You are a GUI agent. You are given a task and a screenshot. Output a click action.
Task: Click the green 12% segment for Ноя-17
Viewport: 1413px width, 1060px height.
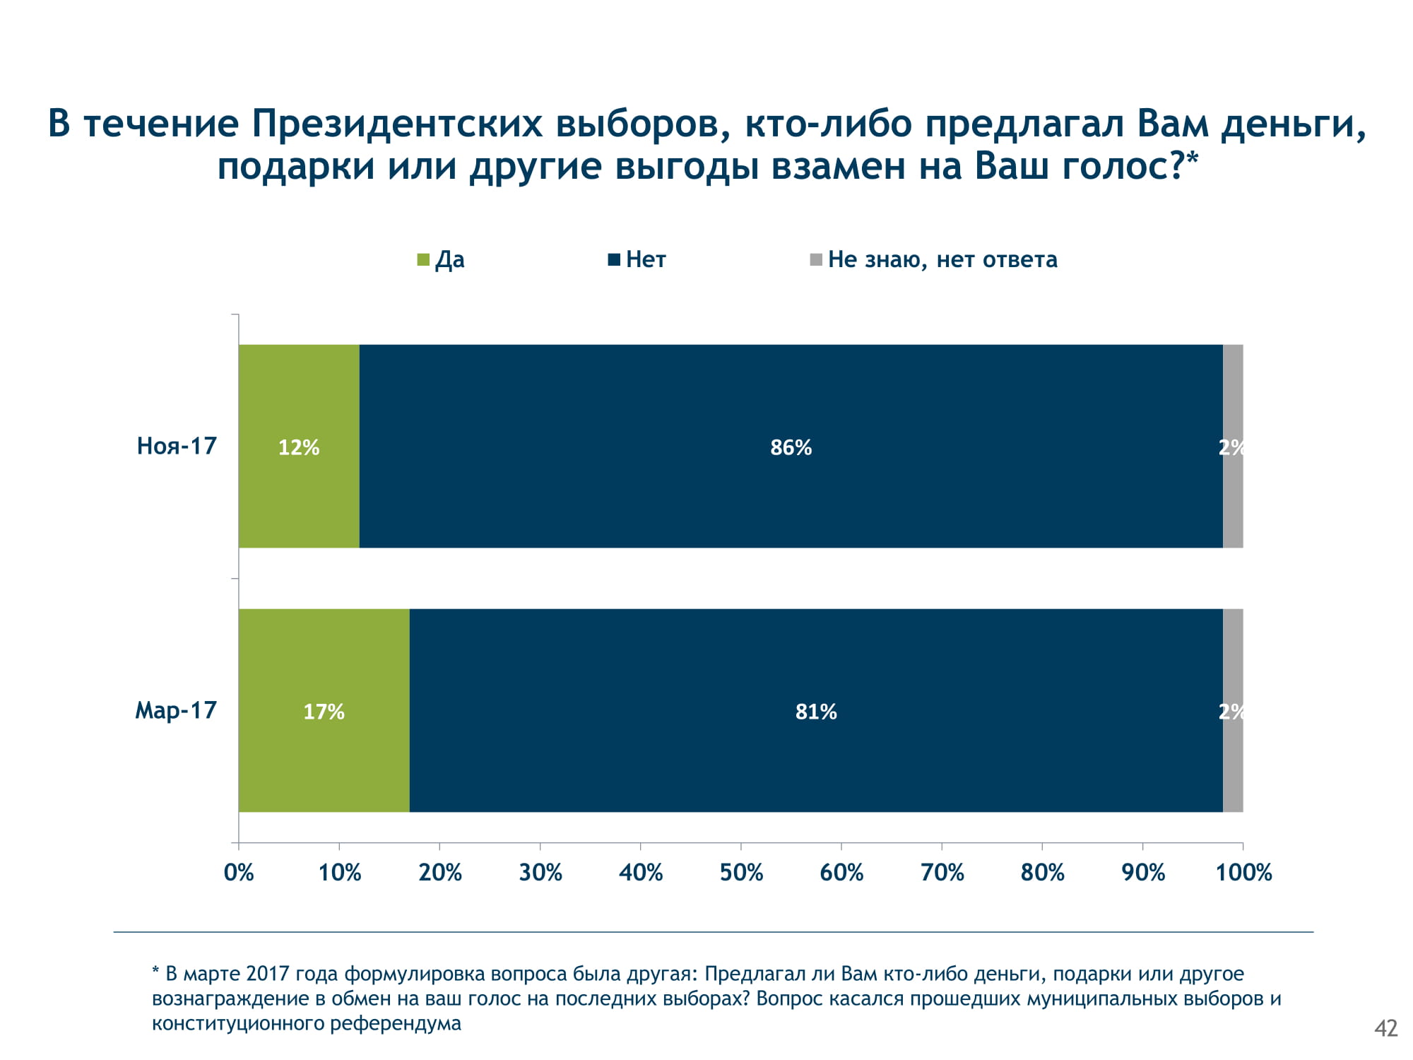click(299, 447)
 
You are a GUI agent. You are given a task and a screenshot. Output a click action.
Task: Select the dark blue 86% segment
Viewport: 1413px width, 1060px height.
click(791, 447)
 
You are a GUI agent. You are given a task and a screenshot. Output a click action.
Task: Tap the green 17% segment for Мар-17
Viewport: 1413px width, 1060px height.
click(324, 711)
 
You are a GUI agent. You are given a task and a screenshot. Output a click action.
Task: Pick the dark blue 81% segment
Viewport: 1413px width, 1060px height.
click(816, 711)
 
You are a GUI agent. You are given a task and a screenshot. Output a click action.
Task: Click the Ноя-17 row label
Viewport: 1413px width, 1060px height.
click(177, 447)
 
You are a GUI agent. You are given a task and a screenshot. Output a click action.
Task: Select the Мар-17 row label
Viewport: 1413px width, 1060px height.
click(176, 710)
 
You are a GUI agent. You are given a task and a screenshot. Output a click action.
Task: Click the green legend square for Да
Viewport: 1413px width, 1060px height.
click(423, 260)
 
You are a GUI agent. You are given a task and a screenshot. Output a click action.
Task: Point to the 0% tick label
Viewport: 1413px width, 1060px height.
click(239, 873)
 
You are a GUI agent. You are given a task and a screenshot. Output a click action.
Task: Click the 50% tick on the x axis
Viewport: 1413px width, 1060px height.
click(741, 873)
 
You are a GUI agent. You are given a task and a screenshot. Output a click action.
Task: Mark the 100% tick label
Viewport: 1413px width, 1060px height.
click(1243, 873)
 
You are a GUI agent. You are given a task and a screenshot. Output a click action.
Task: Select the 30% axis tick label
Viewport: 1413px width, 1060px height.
click(540, 873)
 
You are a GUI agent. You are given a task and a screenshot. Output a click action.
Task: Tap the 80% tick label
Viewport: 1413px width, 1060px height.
click(1043, 873)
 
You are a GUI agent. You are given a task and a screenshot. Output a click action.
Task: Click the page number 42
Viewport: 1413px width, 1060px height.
click(1386, 1028)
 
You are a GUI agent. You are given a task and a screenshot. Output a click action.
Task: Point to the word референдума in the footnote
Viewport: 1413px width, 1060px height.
click(395, 1023)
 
